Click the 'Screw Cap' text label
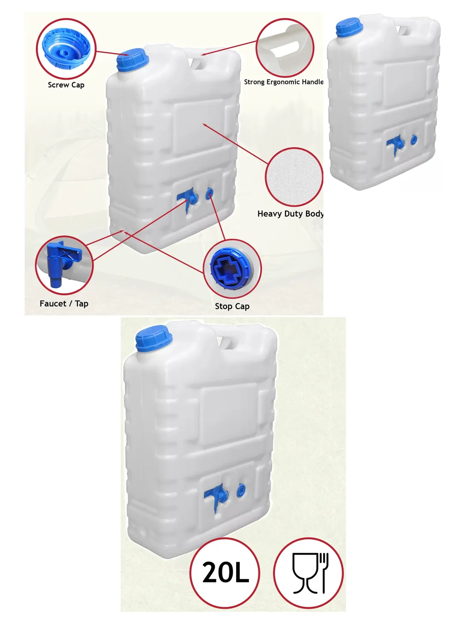tap(66, 85)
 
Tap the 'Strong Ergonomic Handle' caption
tap(284, 82)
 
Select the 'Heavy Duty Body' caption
tap(290, 214)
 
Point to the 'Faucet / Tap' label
tap(64, 303)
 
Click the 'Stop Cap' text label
tap(232, 306)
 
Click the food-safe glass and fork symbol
tap(308, 573)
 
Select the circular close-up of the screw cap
tap(66, 48)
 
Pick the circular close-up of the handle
tap(285, 48)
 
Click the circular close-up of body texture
tap(294, 177)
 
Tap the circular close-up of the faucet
tap(64, 265)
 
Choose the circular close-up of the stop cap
tap(232, 268)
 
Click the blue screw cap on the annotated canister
tap(132, 59)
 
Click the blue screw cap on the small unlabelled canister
tap(349, 27)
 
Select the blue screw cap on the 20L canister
tap(153, 338)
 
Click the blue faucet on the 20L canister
tap(216, 496)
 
